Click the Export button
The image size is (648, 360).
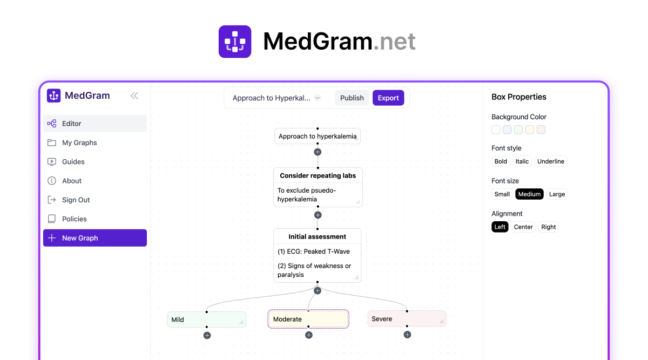point(388,98)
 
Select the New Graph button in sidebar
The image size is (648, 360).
point(95,238)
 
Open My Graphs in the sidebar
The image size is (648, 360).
point(79,142)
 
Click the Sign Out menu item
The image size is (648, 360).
point(76,200)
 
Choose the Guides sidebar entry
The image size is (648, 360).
point(73,161)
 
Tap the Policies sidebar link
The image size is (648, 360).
point(74,219)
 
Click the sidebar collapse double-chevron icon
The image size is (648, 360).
point(134,96)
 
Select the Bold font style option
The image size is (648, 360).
point(501,161)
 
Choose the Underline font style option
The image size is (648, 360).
point(550,161)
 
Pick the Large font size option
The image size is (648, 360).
point(557,194)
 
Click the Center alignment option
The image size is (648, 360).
point(523,227)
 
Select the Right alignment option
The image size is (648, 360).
point(548,227)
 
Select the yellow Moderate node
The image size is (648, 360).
point(308,319)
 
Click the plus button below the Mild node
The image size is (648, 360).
point(207,335)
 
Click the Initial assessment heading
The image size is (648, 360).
point(317,236)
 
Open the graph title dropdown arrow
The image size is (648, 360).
point(318,98)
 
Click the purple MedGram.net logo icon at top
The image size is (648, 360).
point(235,42)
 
